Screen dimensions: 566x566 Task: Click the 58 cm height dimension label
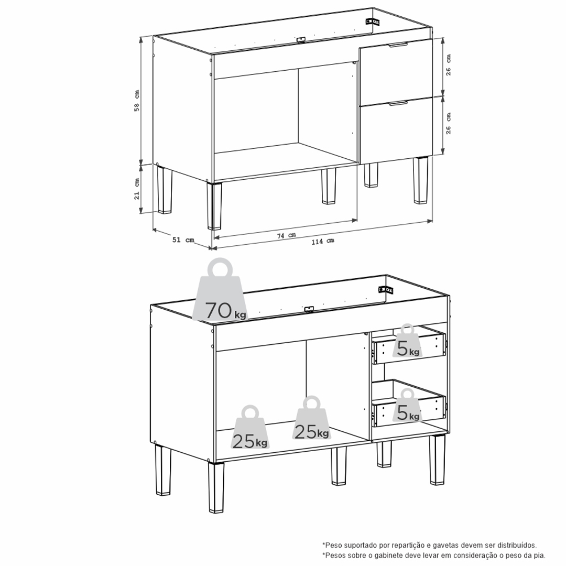pos(137,101)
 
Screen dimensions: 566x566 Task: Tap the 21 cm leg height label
pos(137,189)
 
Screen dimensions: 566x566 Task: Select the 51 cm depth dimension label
pos(183,240)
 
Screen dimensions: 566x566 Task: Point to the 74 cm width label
pos(286,235)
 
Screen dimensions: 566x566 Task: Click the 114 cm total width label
pos(323,241)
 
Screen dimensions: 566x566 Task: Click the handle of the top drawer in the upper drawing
pos(398,45)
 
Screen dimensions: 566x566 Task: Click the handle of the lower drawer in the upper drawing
pos(398,104)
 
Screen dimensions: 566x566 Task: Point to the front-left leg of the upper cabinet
pos(214,206)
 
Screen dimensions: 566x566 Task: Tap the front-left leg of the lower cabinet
pos(216,487)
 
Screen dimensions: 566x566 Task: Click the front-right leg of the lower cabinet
pos(437,460)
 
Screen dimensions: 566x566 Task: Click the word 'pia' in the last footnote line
pos(539,556)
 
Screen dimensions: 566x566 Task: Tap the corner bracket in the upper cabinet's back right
pos(373,21)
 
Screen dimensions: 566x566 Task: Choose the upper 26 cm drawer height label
pos(448,65)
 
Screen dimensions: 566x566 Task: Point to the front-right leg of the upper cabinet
pos(420,180)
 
